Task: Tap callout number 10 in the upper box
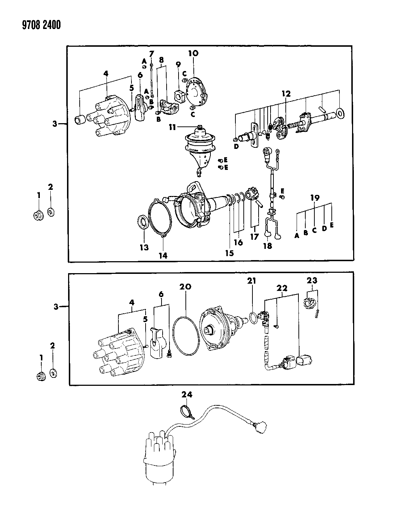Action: tap(193, 53)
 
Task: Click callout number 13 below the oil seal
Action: tap(144, 247)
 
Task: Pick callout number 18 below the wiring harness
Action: tap(268, 246)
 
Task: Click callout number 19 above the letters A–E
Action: tap(314, 198)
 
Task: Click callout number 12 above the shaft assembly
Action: tap(286, 93)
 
